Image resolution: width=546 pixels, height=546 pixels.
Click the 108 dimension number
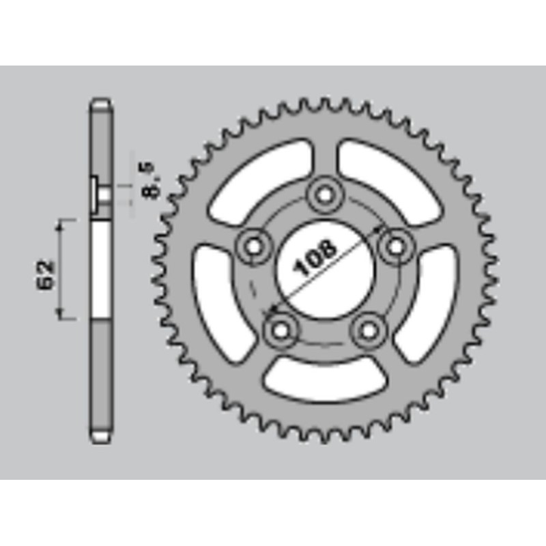tap(316, 258)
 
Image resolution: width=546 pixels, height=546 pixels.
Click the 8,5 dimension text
tap(152, 179)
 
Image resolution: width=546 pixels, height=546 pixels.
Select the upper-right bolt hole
tap(395, 246)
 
